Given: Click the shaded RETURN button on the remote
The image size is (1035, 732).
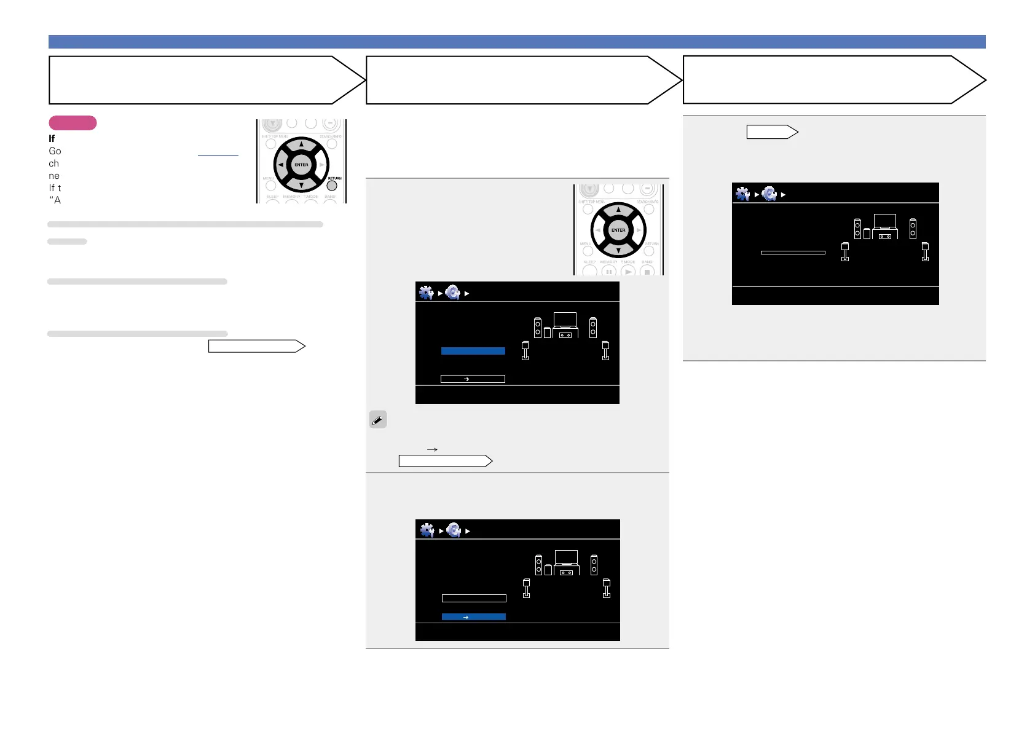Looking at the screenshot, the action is [332, 186].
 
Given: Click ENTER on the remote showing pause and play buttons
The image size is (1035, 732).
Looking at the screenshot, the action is [618, 230].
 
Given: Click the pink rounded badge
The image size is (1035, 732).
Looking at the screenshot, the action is [73, 123].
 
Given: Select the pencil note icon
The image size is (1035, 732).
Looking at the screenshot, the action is [378, 420].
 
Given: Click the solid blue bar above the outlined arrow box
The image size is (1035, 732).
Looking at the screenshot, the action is [473, 351].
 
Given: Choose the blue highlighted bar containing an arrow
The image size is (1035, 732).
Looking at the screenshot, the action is [473, 616].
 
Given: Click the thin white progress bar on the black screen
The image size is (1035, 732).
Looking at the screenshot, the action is [793, 253].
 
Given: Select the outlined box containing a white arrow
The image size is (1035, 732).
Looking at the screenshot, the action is [473, 379].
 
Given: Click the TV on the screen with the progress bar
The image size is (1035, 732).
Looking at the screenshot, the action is [885, 221].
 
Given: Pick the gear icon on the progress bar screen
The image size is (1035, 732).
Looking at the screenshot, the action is [743, 194].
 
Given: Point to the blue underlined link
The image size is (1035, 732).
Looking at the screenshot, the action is [218, 155].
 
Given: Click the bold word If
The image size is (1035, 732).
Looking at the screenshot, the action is [52, 139].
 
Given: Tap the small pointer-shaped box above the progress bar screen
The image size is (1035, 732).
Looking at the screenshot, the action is [772, 132].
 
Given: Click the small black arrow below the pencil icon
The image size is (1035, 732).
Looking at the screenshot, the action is [432, 450].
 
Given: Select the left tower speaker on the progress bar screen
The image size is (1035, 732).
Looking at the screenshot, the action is [857, 229].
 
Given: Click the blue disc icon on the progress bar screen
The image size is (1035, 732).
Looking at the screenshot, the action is [769, 194].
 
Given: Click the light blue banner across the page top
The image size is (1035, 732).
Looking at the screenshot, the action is [517, 42].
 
